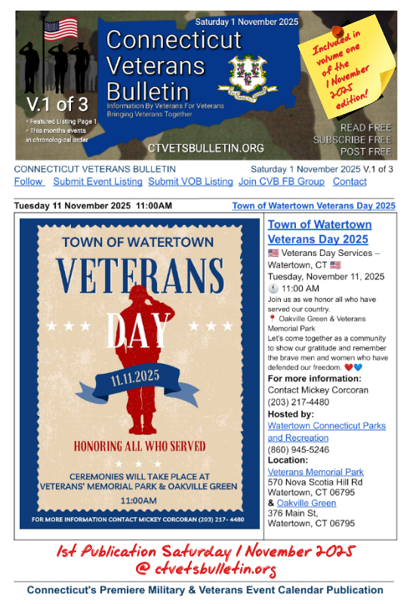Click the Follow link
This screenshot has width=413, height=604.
click(x=29, y=182)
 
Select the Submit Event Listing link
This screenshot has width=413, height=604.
click(x=97, y=182)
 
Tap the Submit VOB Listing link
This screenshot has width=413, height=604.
click(x=190, y=182)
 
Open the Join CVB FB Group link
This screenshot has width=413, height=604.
click(x=281, y=182)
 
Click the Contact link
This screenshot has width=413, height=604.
click(x=350, y=182)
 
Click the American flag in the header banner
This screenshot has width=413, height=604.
click(x=61, y=29)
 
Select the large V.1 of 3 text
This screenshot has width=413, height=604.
click(x=56, y=103)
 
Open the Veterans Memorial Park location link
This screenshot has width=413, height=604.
click(x=316, y=472)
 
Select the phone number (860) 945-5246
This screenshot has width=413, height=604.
click(x=299, y=449)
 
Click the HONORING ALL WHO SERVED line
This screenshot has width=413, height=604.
click(x=139, y=445)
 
